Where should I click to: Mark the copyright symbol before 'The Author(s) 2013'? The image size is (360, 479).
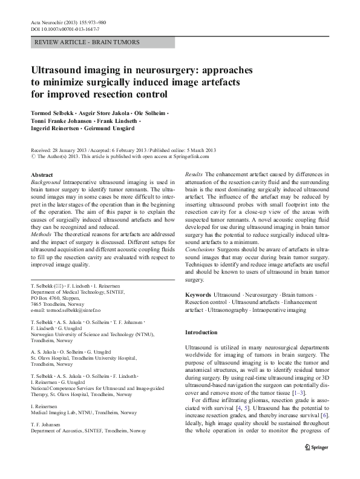tap(33, 156)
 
